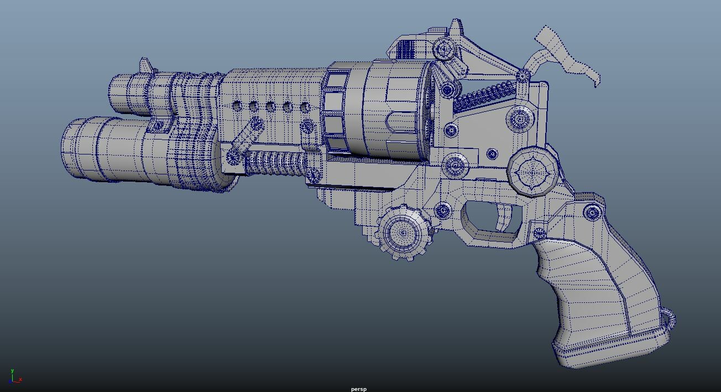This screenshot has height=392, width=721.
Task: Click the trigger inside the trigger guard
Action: click(x=505, y=216)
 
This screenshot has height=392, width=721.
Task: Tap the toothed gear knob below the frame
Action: click(x=405, y=232)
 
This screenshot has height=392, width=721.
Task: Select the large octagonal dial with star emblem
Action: click(x=532, y=172)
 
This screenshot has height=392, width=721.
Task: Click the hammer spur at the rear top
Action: click(x=567, y=55)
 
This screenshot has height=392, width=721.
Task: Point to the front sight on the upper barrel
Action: click(x=146, y=65)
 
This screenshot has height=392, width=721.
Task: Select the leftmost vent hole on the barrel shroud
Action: click(x=237, y=105)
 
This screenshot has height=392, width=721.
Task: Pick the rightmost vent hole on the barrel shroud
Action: click(x=305, y=107)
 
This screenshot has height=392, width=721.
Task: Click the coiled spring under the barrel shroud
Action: click(x=275, y=163)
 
